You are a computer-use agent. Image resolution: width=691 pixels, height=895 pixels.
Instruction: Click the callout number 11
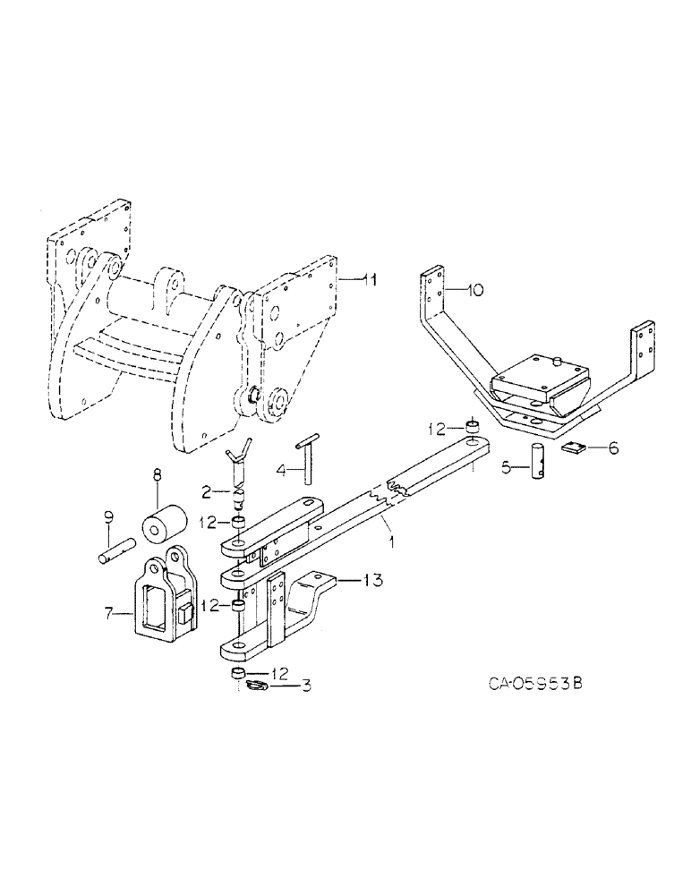click(369, 280)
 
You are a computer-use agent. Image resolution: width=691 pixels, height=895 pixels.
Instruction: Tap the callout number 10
click(475, 290)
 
